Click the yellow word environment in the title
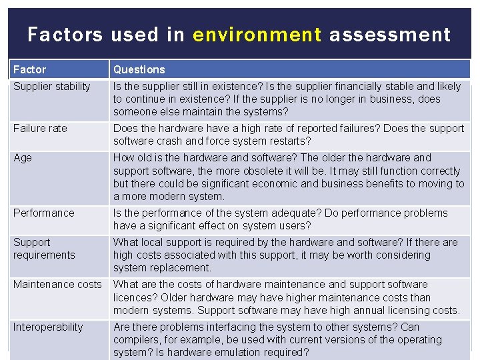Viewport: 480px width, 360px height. coord(257,35)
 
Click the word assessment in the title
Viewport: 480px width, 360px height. coord(389,35)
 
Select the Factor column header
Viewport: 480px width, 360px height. coord(30,69)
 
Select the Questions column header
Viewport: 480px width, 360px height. coord(139,69)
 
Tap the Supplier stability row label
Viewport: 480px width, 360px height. coord(51,86)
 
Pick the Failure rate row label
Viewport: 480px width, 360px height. coord(40,128)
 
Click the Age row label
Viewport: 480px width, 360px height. coord(23,158)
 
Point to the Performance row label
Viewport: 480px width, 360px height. coord(44,213)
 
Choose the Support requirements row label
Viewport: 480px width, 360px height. coord(44,249)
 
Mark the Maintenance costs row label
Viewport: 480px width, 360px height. coord(57,285)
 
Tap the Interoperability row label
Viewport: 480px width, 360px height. coord(48,327)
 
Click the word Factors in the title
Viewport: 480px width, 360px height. coord(65,35)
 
